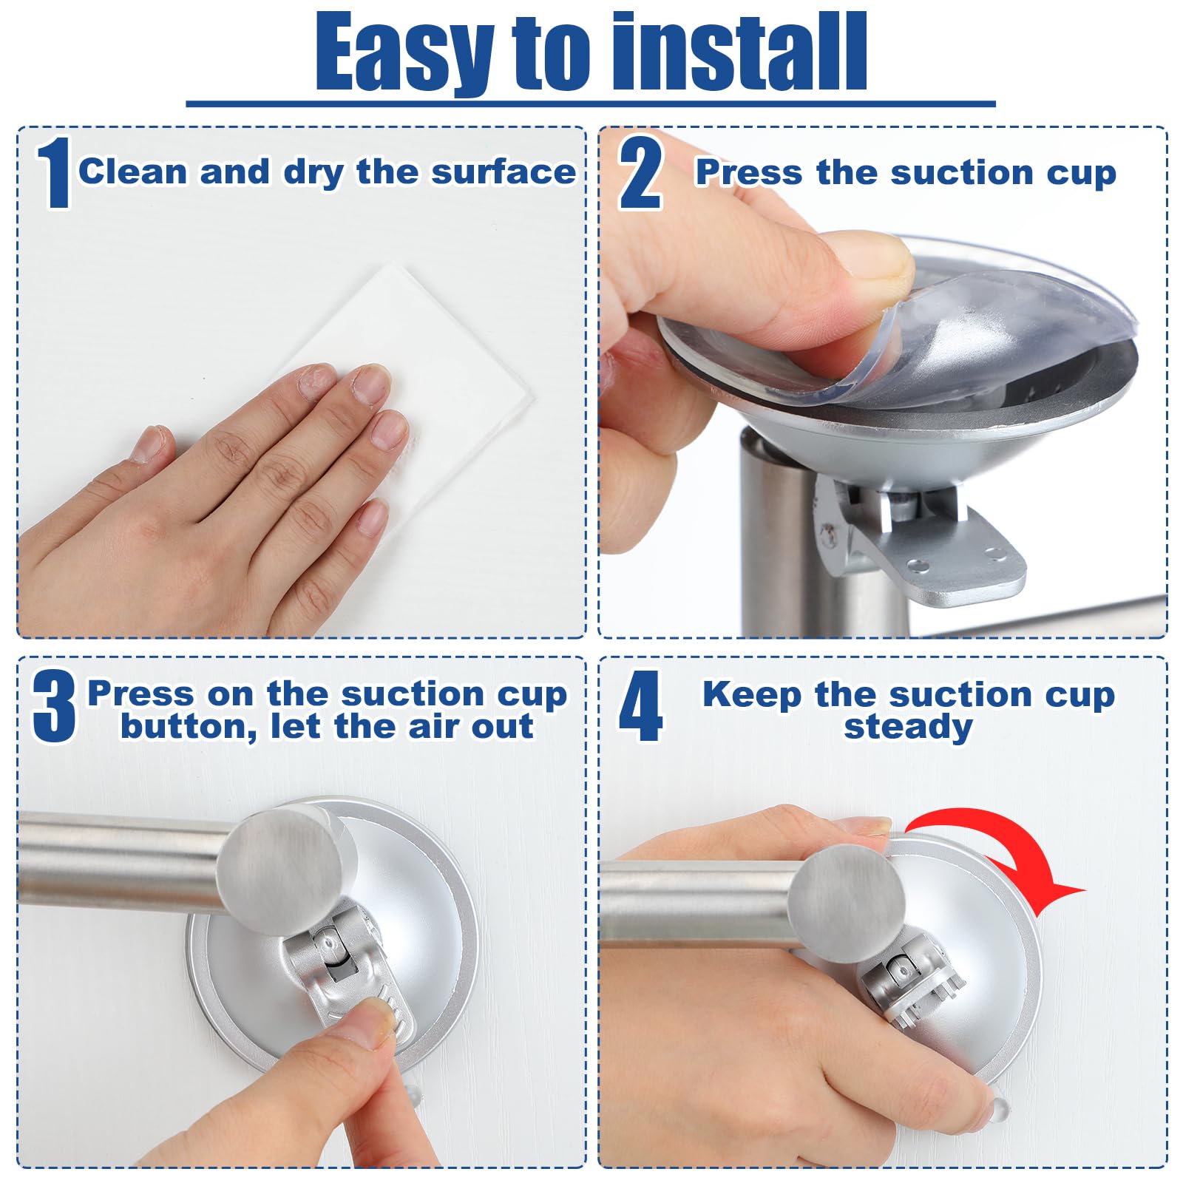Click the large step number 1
coord(54,174)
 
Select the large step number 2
coord(640,174)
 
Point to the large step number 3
coord(53,707)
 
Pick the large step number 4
coord(640,707)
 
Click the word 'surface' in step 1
coord(504,172)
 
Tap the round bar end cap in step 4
coord(847,904)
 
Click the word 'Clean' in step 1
coord(133,172)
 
